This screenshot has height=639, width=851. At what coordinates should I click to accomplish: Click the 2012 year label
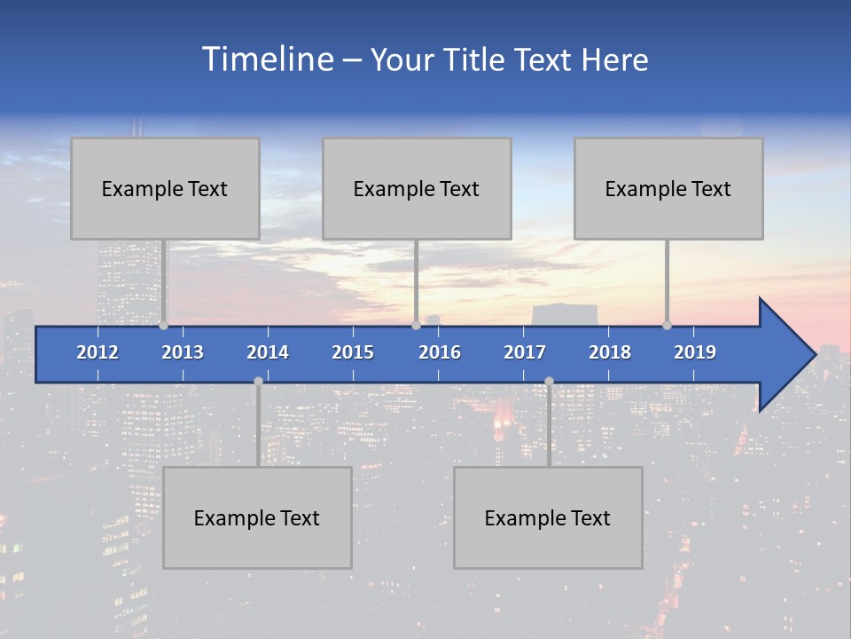click(98, 352)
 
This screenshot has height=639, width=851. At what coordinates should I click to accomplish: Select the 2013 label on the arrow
click(183, 352)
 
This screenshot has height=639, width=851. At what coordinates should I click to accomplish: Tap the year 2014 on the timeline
click(268, 352)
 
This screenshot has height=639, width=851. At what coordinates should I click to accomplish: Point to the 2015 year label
click(353, 352)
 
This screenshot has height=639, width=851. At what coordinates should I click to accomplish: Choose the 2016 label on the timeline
click(440, 352)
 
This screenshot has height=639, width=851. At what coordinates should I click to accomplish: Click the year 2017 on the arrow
click(525, 352)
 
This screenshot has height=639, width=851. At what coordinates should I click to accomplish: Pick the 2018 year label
click(610, 352)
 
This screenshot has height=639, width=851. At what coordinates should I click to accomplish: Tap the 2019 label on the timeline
click(695, 352)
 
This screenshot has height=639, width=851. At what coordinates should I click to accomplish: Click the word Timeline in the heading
click(266, 59)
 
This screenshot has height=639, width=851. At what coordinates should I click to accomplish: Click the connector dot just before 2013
click(163, 326)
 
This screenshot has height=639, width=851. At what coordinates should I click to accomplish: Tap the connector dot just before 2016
click(416, 326)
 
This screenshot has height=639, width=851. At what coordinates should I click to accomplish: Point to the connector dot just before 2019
click(667, 326)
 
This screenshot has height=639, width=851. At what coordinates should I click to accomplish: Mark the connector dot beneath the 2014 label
click(258, 381)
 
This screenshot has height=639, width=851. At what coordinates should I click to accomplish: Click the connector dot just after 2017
click(549, 381)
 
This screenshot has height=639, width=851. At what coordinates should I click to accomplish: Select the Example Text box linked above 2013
click(165, 188)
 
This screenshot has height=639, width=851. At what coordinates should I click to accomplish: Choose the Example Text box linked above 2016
click(417, 188)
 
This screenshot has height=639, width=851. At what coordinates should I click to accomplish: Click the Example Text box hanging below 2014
click(257, 517)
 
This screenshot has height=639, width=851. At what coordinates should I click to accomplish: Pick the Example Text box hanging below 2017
click(548, 517)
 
